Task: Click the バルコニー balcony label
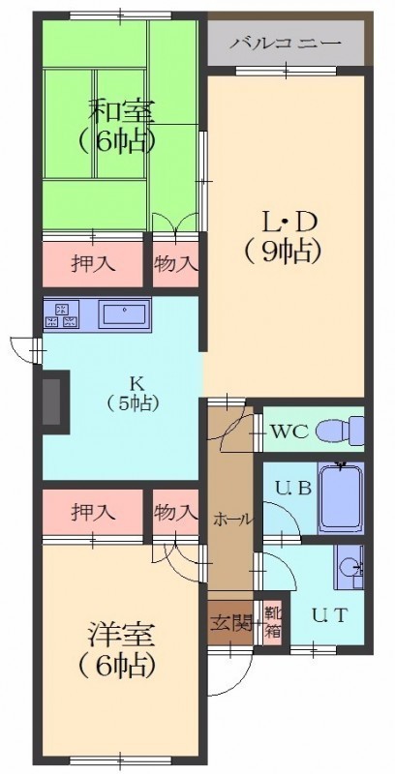click(x=286, y=44)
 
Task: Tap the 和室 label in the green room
click(x=121, y=112)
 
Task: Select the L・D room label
click(x=289, y=224)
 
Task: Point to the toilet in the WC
click(x=340, y=429)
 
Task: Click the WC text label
click(x=289, y=432)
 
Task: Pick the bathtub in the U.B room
click(x=341, y=498)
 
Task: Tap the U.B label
click(x=293, y=490)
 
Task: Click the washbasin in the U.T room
click(x=349, y=567)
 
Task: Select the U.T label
click(x=330, y=615)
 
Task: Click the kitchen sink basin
click(x=125, y=313)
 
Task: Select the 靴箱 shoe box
click(x=271, y=623)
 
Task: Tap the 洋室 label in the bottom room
click(x=121, y=638)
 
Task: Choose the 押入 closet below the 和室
click(x=93, y=264)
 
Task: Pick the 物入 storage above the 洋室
click(x=175, y=513)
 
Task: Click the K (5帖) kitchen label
click(x=133, y=393)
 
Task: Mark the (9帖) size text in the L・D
click(x=284, y=253)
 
